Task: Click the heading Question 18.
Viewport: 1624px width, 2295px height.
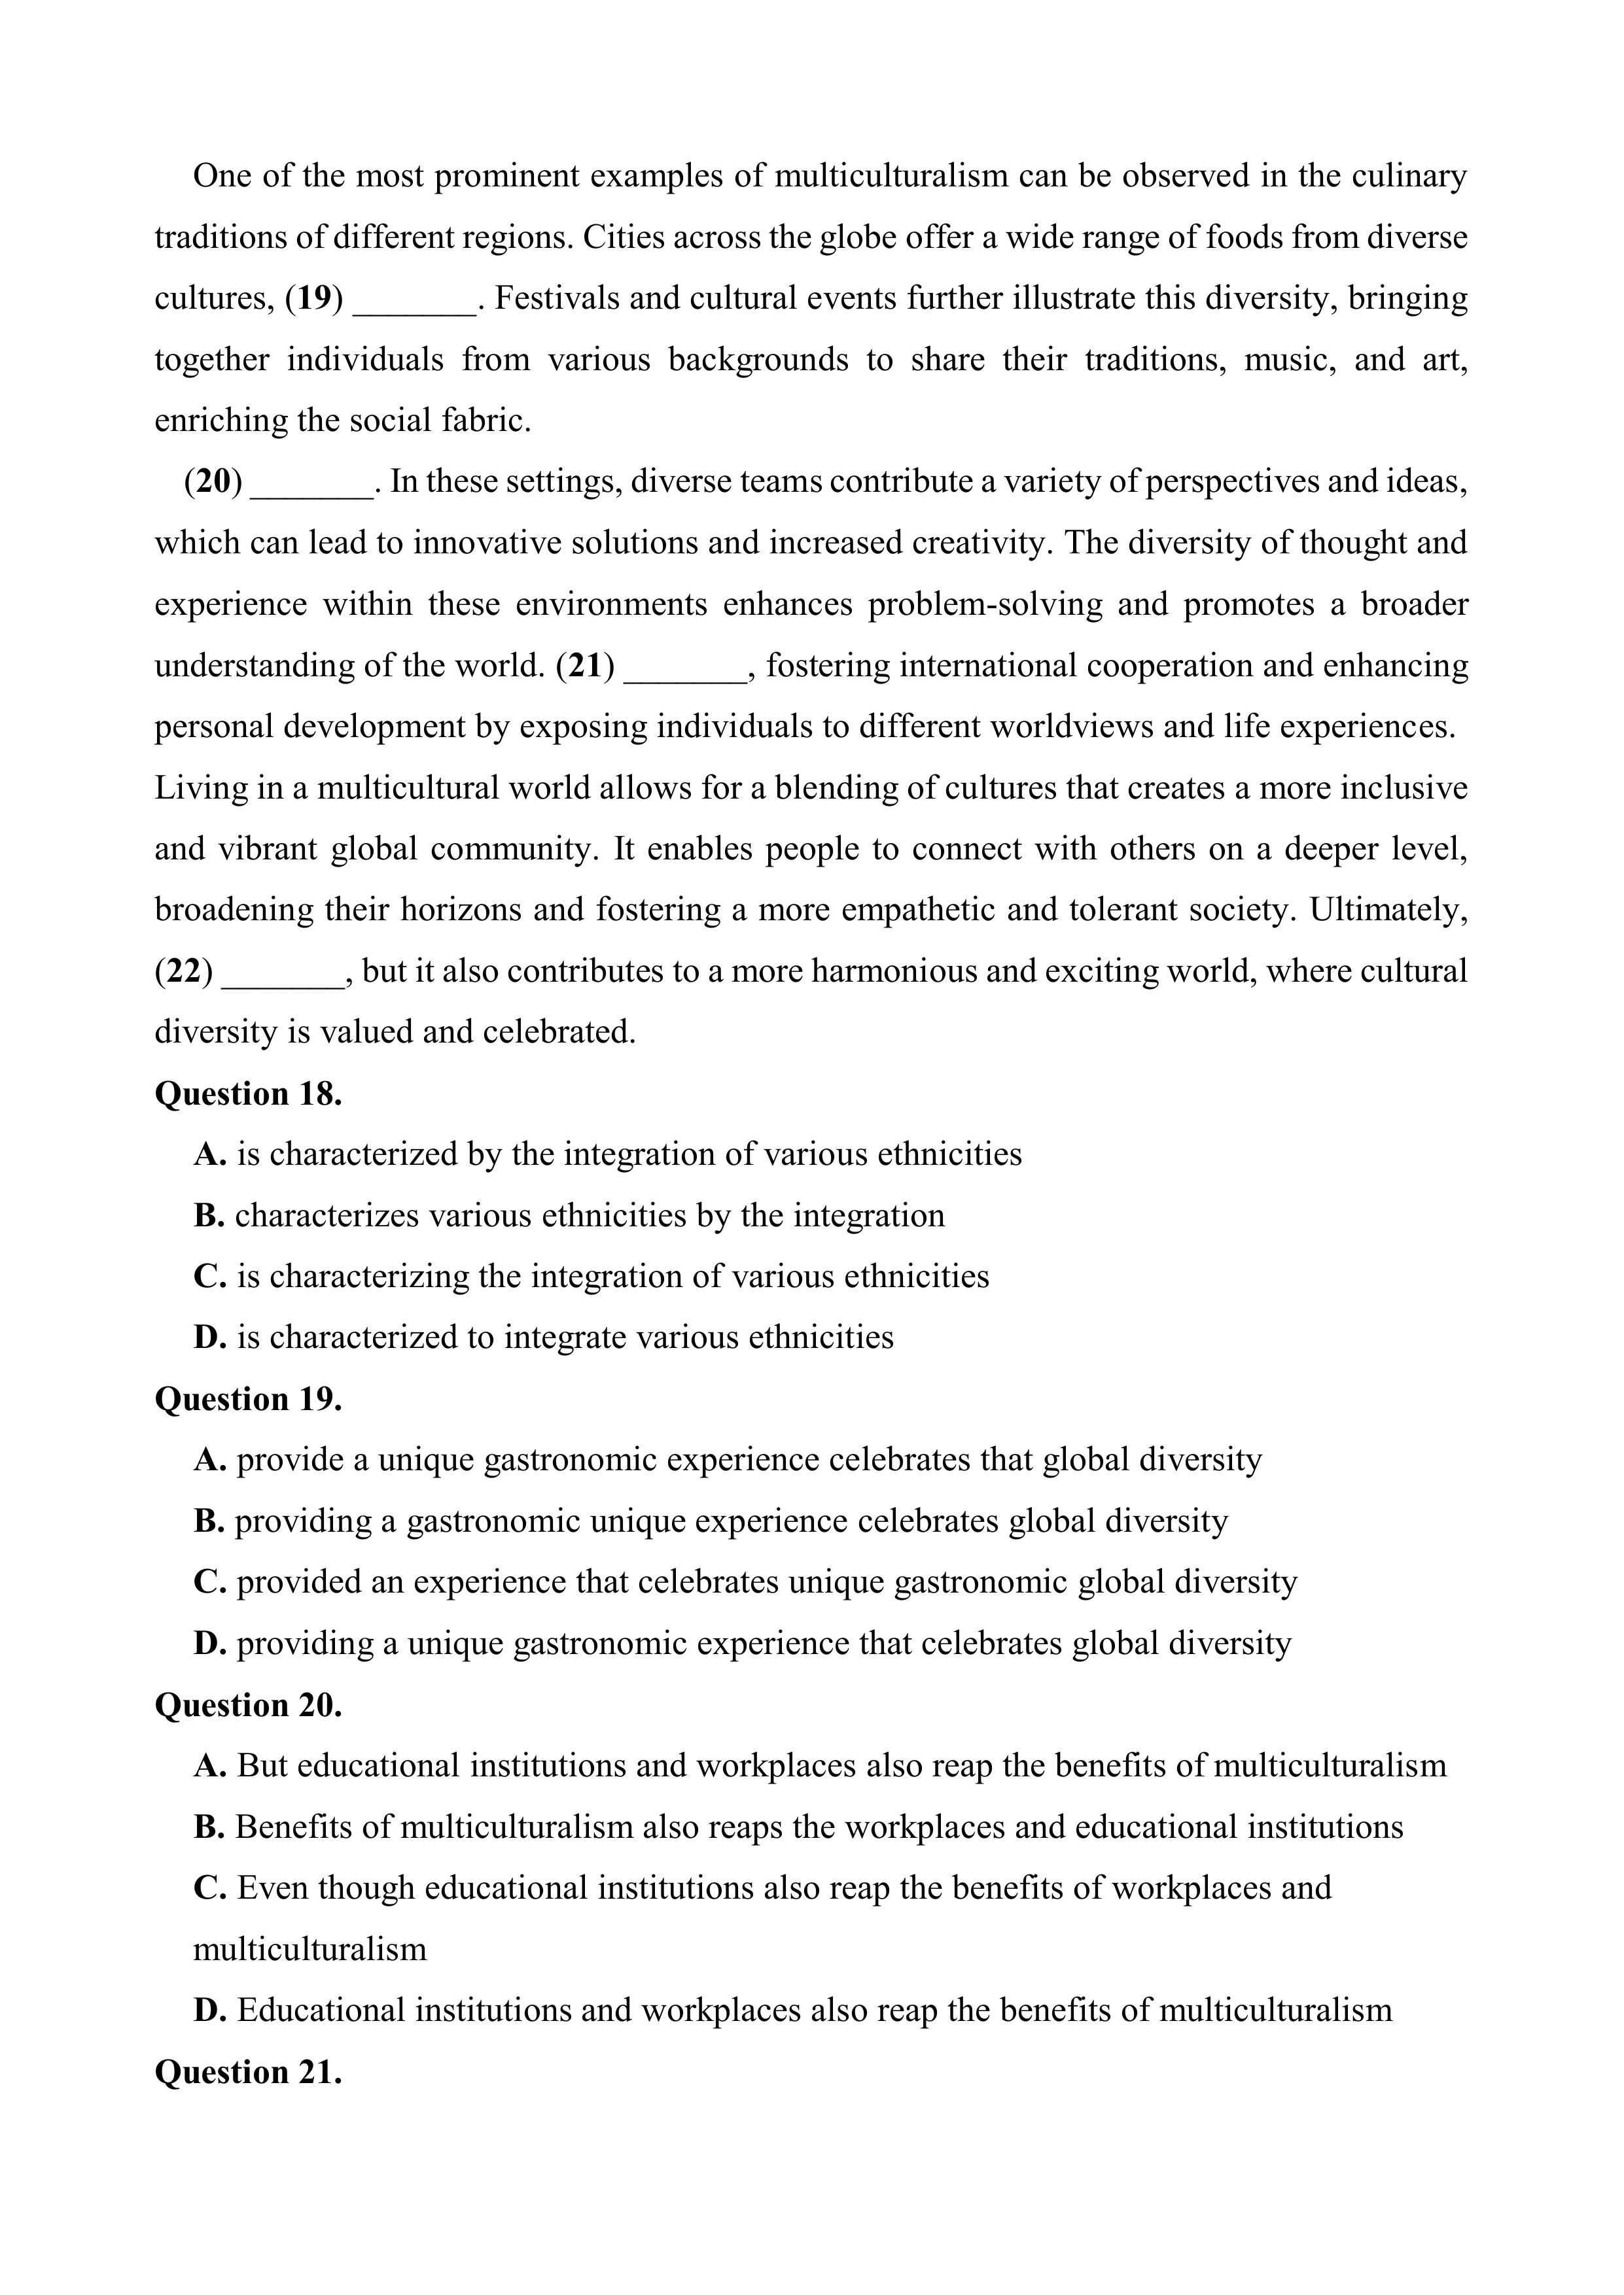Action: (248, 1094)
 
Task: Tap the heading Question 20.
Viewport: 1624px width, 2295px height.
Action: (248, 1704)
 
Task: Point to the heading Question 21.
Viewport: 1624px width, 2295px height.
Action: (248, 2072)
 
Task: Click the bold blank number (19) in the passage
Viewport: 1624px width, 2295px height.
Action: (314, 298)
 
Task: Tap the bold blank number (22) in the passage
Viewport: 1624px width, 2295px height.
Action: (184, 971)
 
